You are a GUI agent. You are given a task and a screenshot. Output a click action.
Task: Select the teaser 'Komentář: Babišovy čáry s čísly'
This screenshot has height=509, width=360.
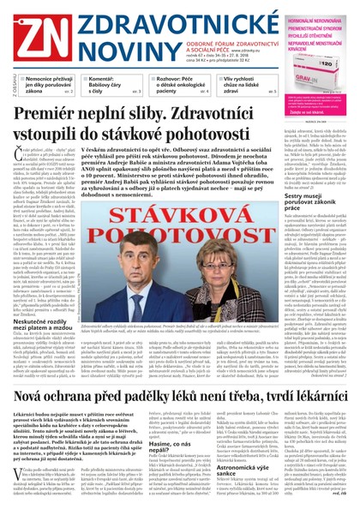click(103, 82)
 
